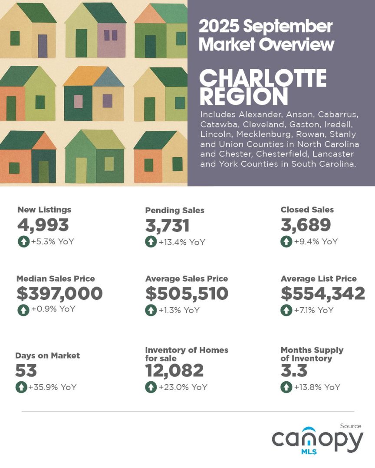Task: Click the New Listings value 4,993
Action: point(43,225)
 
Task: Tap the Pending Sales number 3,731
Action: point(167,226)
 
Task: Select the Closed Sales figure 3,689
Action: point(306,225)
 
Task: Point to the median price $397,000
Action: point(59,293)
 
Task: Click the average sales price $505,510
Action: point(187,293)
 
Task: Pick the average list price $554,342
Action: point(322,293)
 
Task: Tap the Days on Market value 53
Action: point(26,370)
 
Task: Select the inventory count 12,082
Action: point(174,370)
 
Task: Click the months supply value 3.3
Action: point(294,370)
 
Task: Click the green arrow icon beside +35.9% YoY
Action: point(21,387)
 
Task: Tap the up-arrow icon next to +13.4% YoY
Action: point(151,242)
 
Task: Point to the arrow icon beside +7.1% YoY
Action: point(286,310)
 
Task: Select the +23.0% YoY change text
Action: point(183,387)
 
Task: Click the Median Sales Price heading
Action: point(56,279)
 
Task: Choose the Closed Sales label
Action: point(307,210)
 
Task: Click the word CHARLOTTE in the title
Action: point(263,78)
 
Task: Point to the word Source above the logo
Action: point(350,426)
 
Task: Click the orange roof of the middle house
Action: point(85,76)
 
